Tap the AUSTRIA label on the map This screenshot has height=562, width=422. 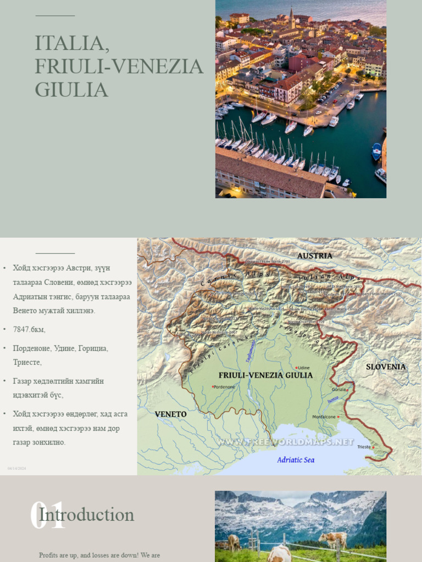[x=314, y=256]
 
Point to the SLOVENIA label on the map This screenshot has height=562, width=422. [x=386, y=367]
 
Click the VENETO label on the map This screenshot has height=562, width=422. [x=170, y=414]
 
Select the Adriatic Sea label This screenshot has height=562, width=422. [x=296, y=460]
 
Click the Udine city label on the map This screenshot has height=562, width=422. [x=304, y=368]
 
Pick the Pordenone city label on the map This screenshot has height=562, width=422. [x=225, y=387]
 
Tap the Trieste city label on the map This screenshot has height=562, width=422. [x=364, y=447]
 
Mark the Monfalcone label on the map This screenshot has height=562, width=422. [x=324, y=417]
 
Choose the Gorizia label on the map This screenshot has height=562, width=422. [x=338, y=390]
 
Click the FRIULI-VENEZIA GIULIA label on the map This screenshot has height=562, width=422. [x=265, y=375]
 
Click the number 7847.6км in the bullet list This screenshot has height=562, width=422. [x=29, y=330]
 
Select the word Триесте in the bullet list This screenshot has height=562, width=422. [x=27, y=363]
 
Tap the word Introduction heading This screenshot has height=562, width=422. [x=87, y=515]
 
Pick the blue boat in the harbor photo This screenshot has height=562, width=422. [x=376, y=151]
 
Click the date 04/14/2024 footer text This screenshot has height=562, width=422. [x=16, y=468]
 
